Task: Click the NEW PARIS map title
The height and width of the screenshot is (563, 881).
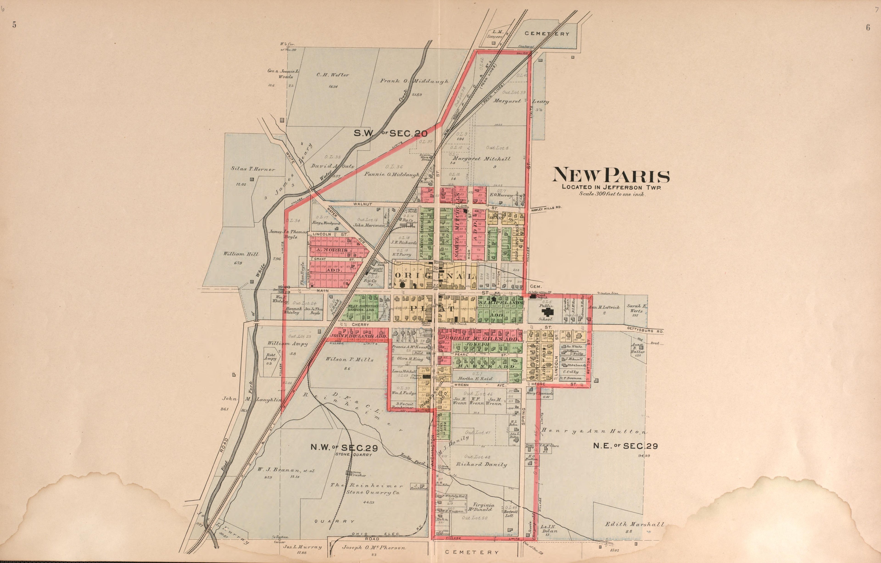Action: click(x=611, y=176)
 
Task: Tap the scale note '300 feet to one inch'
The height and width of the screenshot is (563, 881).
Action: click(x=613, y=194)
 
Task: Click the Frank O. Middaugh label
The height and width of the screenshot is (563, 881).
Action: click(x=414, y=81)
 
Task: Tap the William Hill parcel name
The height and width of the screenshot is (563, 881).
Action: click(x=241, y=254)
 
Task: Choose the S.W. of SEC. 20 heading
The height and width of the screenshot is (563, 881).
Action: click(x=390, y=134)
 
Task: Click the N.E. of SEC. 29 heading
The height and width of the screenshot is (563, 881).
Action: click(x=625, y=446)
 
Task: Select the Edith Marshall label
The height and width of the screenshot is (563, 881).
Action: click(x=634, y=524)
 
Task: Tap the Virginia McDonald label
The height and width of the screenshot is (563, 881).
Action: click(x=484, y=507)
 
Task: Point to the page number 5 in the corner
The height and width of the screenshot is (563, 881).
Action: click(x=14, y=25)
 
